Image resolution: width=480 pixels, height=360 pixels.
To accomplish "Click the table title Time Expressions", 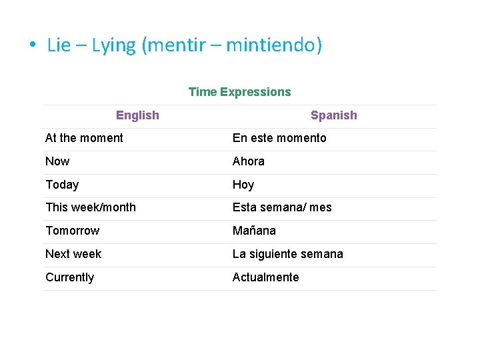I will coord(239,92).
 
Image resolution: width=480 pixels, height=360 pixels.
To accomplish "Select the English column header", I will coord(137,115).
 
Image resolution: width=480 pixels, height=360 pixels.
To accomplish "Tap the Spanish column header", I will coord(333,115).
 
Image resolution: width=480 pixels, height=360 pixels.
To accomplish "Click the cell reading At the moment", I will coord(84,138).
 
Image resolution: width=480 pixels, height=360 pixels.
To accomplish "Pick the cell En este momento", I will coord(279,138).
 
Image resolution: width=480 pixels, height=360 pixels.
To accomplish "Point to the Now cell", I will coord(57,161).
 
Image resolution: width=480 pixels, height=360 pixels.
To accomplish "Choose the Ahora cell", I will coord(248,161).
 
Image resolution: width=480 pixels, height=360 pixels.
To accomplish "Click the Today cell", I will coord(62,185).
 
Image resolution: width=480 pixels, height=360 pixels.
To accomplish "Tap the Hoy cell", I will coord(243,185).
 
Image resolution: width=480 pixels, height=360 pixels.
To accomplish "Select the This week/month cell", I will coord(91,207).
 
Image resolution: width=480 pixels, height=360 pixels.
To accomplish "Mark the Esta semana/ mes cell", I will coord(281,207).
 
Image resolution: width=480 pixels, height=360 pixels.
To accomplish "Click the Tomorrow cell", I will coord(72,231).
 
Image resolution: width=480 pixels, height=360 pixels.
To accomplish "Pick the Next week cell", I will coord(73,254).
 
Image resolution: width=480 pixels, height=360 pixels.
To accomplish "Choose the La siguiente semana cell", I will coord(287,254).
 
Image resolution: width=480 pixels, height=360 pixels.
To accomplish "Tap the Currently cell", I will coord(69,277).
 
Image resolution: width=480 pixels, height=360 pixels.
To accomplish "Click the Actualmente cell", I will coord(265,277).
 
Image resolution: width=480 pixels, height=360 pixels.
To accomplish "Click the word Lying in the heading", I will coord(114,45).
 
